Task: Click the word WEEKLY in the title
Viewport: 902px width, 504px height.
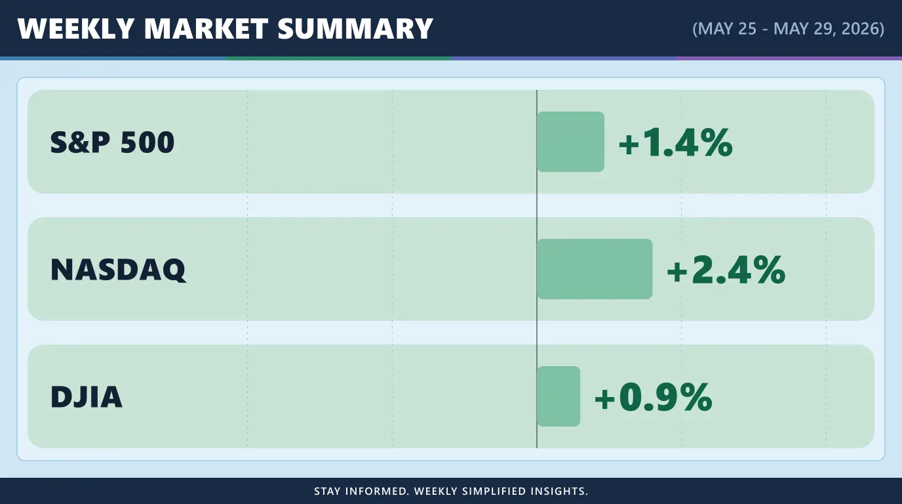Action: tap(75, 29)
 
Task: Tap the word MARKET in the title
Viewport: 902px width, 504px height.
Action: tap(206, 29)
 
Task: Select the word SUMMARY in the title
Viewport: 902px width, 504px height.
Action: tap(355, 29)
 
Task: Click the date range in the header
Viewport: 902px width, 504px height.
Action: tap(788, 29)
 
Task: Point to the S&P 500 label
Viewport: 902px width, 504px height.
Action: tap(112, 142)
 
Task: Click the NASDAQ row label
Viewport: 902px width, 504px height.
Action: tap(119, 269)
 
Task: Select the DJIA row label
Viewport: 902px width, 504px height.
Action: tap(87, 397)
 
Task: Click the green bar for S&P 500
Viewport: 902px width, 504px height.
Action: tap(570, 142)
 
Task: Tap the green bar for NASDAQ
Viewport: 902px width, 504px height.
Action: tap(595, 269)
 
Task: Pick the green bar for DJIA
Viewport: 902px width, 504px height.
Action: tap(559, 396)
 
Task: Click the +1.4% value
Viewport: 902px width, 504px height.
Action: tap(676, 142)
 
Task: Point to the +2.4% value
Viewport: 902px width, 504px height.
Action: tap(726, 269)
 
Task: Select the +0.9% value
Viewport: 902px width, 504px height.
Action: tap(654, 397)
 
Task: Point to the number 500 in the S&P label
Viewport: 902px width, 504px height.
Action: tap(147, 142)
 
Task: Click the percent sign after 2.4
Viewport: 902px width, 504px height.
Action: tap(768, 269)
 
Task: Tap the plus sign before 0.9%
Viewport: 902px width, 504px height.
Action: tap(605, 398)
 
